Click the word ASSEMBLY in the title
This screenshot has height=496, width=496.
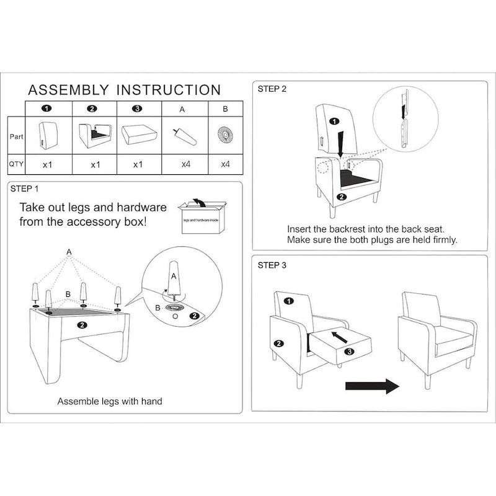[x=69, y=91]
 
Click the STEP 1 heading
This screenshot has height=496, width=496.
[x=25, y=188]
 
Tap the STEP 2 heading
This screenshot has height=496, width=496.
[x=272, y=89]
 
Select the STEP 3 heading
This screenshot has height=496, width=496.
[x=272, y=265]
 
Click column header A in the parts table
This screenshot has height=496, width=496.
[x=182, y=108]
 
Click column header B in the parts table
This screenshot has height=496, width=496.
[x=225, y=108]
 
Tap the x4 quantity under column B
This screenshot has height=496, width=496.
[x=225, y=165]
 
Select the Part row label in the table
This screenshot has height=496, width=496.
[x=16, y=136]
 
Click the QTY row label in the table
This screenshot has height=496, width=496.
[x=16, y=165]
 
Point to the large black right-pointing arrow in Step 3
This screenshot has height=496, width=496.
[x=371, y=386]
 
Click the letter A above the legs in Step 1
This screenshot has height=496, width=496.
[x=69, y=250]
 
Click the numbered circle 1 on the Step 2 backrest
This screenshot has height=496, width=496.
[x=334, y=121]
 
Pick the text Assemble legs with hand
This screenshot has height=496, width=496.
[x=110, y=401]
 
